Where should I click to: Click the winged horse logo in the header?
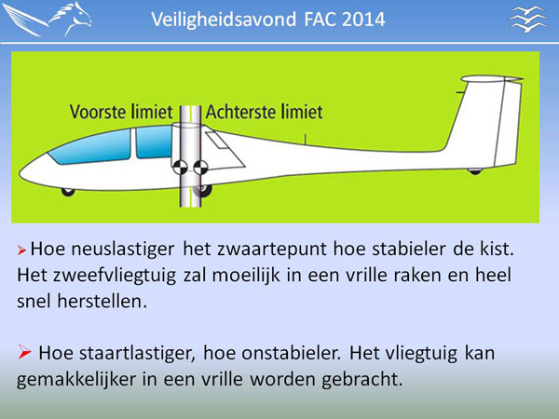(x=47, y=19)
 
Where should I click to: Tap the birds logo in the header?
(x=527, y=20)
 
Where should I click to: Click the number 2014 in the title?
(x=363, y=20)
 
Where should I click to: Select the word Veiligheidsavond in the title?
(x=224, y=20)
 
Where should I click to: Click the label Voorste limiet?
(x=121, y=112)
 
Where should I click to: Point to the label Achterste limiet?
(x=265, y=112)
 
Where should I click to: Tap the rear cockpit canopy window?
(x=154, y=142)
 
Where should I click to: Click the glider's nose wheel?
(x=68, y=192)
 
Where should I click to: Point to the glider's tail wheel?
(x=475, y=171)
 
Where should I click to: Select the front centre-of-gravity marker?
(x=181, y=167)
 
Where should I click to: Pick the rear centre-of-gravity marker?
(x=200, y=167)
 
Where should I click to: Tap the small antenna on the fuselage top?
(x=306, y=140)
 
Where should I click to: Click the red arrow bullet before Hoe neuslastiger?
(x=21, y=250)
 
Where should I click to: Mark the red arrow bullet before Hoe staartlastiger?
(x=24, y=352)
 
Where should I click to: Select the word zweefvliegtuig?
(x=115, y=276)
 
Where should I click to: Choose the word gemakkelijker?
(x=76, y=380)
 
